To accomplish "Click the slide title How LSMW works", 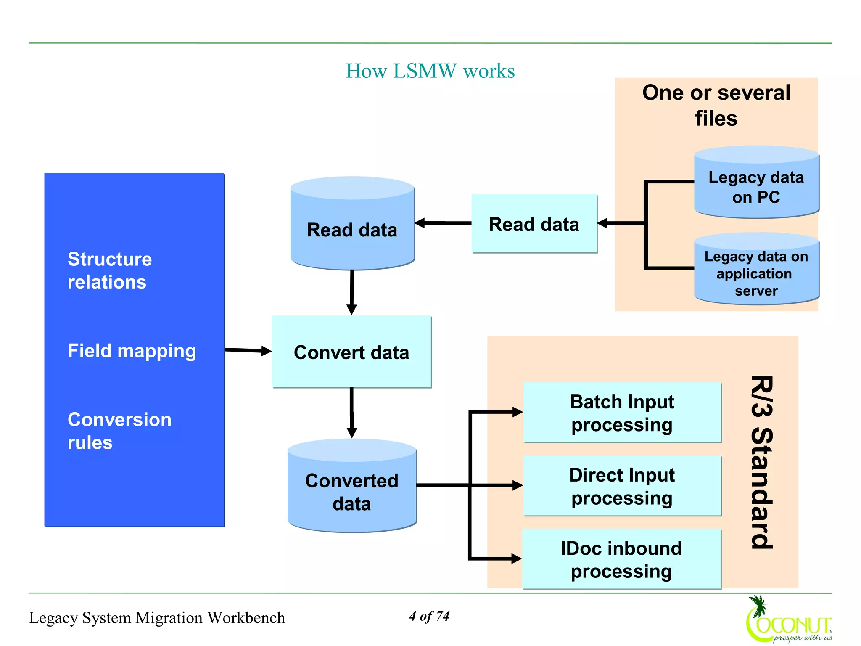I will [430, 71].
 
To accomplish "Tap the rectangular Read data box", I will [534, 224].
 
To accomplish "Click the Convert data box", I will [351, 352].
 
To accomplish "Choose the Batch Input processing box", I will [622, 413].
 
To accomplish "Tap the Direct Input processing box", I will [622, 486].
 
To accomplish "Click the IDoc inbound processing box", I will [621, 559].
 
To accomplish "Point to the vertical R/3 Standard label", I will [761, 462].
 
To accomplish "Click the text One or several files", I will [716, 105].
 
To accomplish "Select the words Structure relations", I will [109, 270].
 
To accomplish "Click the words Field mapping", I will [132, 351].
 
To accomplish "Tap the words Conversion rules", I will [119, 431].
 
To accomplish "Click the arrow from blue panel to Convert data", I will [248, 350].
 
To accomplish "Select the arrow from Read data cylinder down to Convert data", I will [352, 292].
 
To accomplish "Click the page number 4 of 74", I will [429, 616].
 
